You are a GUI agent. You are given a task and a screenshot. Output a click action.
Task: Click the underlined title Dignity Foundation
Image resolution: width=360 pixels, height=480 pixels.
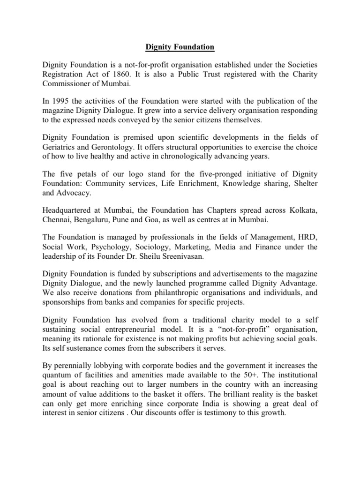pyautogui.click(x=180, y=47)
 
